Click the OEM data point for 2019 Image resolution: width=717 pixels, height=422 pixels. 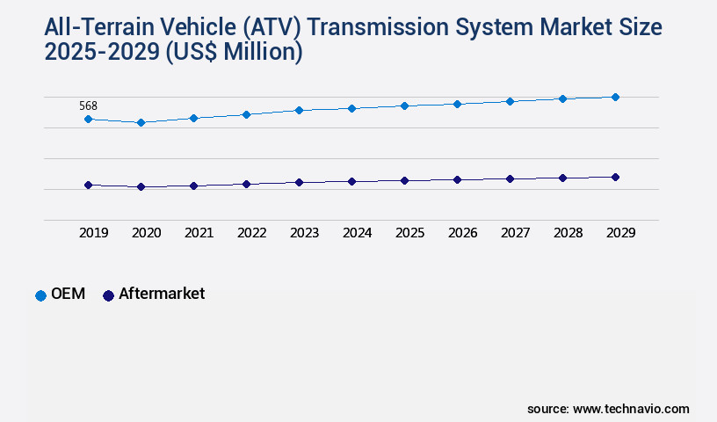(88, 119)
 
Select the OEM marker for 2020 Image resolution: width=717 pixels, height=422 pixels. (141, 122)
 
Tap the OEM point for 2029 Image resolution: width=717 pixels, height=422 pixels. (615, 97)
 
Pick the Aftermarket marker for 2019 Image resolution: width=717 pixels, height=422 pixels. (88, 185)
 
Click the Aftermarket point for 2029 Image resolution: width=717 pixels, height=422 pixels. (615, 177)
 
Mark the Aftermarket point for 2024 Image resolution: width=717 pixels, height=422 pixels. (351, 181)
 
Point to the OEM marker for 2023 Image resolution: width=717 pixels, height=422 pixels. (299, 110)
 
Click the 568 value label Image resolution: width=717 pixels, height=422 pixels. (88, 105)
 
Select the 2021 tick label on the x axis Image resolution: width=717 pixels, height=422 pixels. (199, 233)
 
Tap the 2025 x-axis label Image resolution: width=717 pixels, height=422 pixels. (409, 233)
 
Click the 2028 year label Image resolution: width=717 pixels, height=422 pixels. (568, 233)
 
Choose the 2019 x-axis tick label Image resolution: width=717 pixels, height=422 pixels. (93, 233)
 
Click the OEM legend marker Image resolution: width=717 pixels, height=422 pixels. (40, 295)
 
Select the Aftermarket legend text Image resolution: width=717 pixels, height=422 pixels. (162, 294)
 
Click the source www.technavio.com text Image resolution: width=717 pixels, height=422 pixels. (608, 409)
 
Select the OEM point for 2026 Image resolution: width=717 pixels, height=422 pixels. (457, 104)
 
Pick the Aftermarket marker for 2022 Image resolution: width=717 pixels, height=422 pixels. (246, 184)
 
